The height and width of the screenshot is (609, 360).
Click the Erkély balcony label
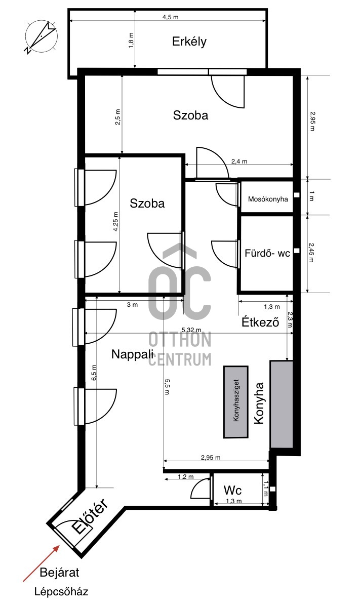coord(189,42)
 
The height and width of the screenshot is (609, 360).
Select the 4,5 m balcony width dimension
coord(171,17)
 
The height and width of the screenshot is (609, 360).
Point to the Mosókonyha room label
coord(268,199)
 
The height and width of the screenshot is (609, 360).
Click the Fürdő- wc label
coord(267,253)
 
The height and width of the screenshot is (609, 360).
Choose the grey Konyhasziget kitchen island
coord(236,402)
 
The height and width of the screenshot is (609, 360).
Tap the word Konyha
coord(259,403)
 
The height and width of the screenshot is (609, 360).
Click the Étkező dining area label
coord(260,322)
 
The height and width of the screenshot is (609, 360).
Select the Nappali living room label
coord(133,354)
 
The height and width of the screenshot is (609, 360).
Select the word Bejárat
coord(59,573)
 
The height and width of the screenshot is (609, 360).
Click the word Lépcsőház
coord(61,592)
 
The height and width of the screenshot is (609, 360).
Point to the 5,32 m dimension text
coord(191,330)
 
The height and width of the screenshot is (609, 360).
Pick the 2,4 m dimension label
coord(239,161)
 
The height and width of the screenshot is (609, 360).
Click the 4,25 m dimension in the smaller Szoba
coord(116,221)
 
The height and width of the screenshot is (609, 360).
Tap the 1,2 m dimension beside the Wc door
coord(186,476)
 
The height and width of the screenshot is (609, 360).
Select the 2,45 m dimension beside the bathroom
coord(311,253)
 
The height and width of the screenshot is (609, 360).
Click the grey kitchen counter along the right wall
coord(282,404)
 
